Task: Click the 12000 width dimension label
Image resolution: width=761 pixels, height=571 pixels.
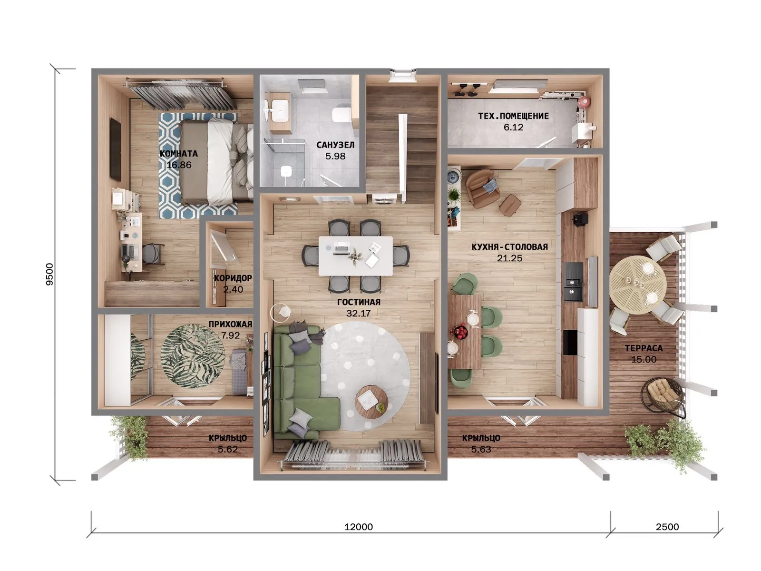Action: click(359, 527)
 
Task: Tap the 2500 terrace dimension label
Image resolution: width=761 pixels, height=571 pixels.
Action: click(667, 527)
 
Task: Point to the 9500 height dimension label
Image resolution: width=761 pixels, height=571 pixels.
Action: click(50, 274)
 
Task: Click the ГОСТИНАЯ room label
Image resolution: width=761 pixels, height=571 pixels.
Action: click(359, 302)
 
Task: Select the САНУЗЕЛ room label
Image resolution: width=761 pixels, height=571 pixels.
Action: click(335, 145)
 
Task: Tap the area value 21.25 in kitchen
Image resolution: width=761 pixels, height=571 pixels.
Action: click(510, 258)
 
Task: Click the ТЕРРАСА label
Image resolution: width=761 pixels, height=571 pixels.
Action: click(644, 348)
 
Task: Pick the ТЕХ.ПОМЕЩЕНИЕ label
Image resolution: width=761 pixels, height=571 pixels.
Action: click(514, 116)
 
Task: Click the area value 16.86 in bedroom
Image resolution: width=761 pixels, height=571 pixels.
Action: click(179, 165)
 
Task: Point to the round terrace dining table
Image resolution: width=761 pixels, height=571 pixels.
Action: click(638, 285)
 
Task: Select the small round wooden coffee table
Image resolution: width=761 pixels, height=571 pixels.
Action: click(371, 402)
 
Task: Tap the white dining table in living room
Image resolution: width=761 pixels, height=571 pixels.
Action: click(356, 256)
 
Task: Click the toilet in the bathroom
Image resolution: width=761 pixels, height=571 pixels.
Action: click(341, 115)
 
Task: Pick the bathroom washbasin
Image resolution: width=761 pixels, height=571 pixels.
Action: click(280, 110)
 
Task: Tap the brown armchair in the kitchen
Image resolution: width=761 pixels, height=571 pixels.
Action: click(483, 188)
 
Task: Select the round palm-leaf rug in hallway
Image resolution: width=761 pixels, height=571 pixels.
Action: click(193, 356)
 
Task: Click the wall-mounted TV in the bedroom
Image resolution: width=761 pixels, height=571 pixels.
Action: click(116, 149)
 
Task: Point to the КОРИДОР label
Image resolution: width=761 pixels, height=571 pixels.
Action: click(233, 278)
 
